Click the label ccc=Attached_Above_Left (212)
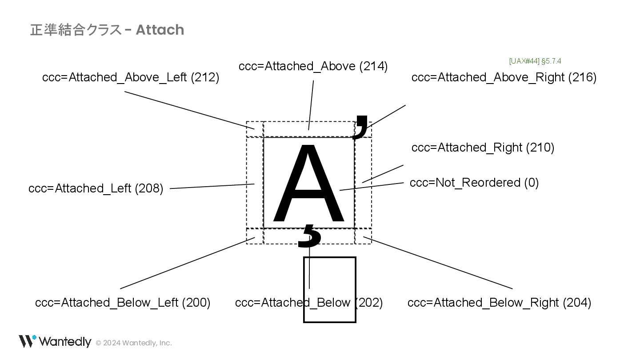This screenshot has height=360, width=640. pos(131,77)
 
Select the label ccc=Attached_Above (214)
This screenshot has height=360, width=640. pos(313,66)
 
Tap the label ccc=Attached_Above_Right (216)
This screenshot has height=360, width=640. pos(504,77)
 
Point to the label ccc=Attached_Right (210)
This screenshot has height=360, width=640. pos(483,148)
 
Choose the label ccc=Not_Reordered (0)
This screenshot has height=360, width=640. pos(474,183)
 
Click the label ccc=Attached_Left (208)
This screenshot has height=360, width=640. pos(96,188)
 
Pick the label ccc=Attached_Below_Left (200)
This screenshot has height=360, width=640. pos(123,303)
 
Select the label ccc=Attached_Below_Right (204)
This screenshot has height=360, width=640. pos(499,303)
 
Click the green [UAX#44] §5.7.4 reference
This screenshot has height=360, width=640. pos(535,61)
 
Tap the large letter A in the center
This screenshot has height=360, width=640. pos(309,184)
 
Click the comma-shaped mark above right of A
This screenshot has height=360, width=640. pos(361,127)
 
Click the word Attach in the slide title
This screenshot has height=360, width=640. pos(160,30)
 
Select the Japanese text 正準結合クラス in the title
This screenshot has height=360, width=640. pos(76,30)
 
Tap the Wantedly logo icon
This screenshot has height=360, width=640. pos(27,341)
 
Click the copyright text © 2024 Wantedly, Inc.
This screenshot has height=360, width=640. pos(134,343)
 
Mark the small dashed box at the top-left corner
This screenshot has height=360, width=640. pos(255,129)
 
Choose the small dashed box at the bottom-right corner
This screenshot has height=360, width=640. pos(363,236)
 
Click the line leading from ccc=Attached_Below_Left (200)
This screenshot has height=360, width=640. pos(187,263)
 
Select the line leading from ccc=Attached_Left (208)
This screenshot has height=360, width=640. pos(212,186)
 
